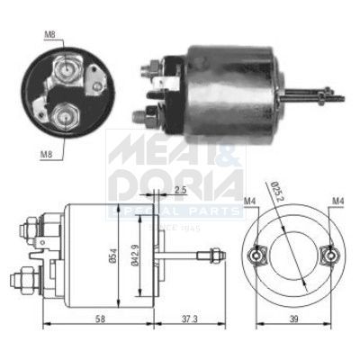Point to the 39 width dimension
[x=294, y=319]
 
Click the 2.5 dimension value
[x=181, y=190]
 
